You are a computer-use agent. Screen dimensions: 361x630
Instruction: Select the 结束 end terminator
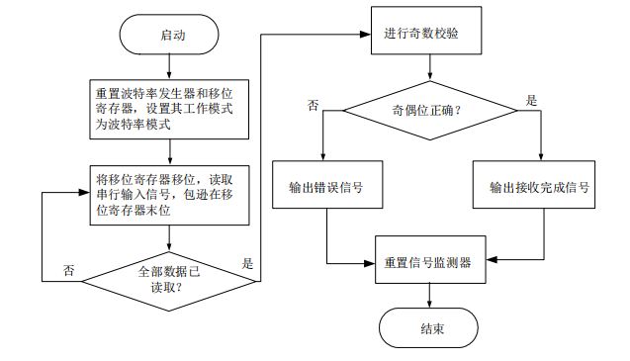pos(429,327)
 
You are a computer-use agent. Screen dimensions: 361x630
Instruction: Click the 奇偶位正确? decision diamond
pos(429,110)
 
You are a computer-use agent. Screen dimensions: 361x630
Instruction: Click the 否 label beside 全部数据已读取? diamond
pos(68,270)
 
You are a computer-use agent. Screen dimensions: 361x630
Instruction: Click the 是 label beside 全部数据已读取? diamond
pos(246,264)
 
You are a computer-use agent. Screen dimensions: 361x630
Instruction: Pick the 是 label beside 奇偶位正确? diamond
pos(530,100)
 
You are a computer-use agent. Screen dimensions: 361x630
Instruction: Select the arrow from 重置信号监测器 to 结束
pos(429,295)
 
